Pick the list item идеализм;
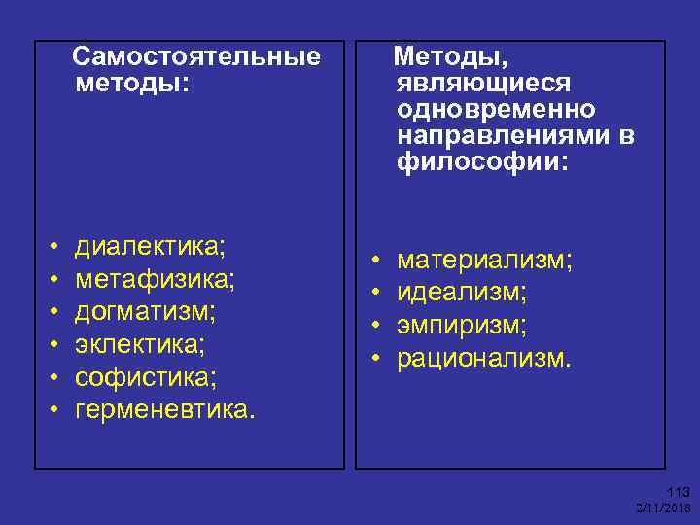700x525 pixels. point(462,292)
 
